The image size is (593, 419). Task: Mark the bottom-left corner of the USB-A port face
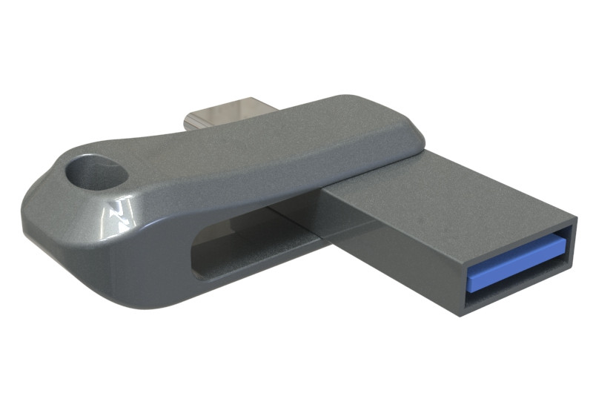click(x=461, y=314)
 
